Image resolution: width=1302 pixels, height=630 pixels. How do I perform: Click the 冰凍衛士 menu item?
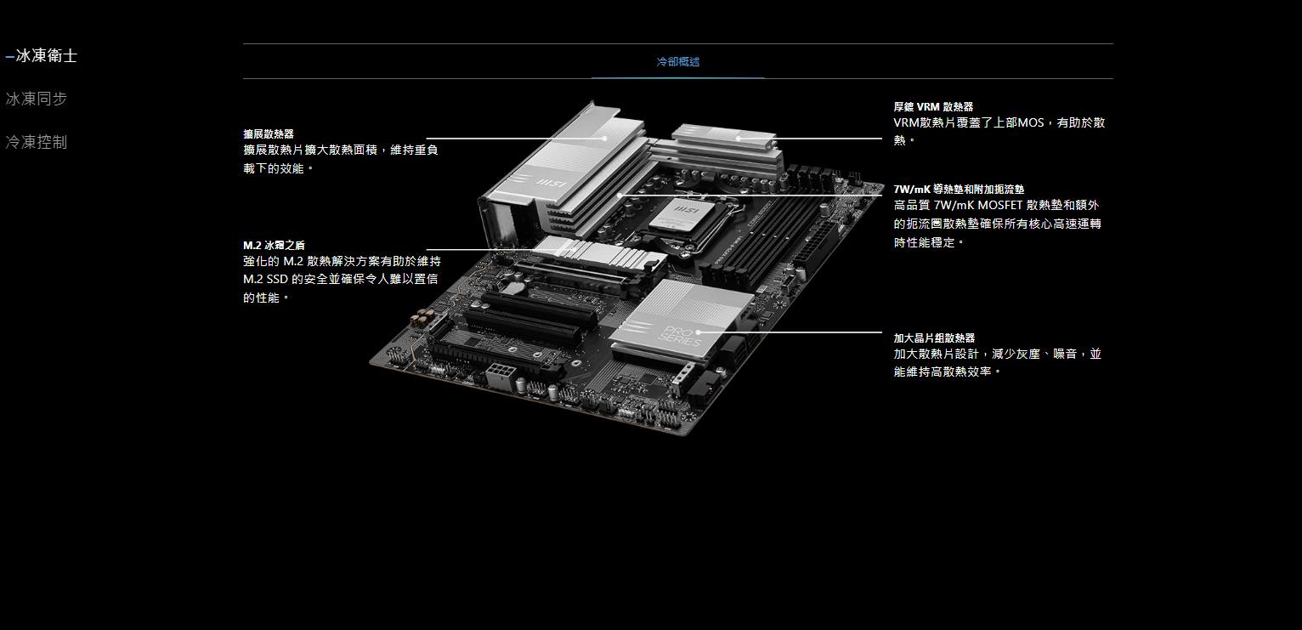(47, 56)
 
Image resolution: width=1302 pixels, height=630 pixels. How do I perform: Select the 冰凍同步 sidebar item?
(36, 99)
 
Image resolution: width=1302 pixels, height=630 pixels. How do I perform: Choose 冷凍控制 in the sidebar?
(36, 142)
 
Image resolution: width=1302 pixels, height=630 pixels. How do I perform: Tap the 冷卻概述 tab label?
(677, 62)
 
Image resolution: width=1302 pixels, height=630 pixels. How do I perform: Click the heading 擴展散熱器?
(269, 133)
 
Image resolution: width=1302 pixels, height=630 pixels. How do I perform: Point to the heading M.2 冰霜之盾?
(274, 246)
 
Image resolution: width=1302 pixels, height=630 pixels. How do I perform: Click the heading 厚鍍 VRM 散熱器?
(933, 107)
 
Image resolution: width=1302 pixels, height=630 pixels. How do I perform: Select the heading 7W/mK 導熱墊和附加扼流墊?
(959, 190)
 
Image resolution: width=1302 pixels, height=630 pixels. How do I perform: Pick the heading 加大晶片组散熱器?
(934, 338)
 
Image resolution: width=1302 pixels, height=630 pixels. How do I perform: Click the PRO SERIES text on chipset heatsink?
(680, 337)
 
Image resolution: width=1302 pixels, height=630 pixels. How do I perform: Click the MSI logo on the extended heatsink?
(551, 184)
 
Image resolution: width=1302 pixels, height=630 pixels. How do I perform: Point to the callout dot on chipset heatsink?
(698, 332)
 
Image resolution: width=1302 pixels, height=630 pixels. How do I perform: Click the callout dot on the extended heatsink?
(604, 139)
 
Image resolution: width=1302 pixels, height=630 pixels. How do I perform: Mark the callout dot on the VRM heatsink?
(739, 139)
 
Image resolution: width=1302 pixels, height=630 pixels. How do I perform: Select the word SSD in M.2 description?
(277, 279)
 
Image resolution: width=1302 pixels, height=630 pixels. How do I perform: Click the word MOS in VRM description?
(1031, 122)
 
